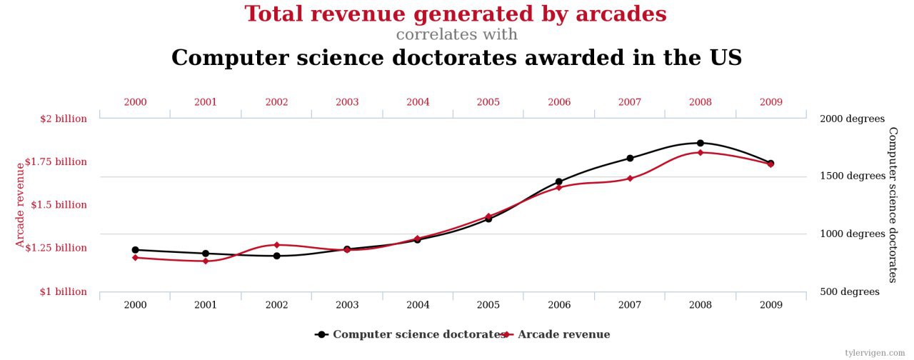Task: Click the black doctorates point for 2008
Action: pyautogui.click(x=700, y=143)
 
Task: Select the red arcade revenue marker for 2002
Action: pyautogui.click(x=276, y=245)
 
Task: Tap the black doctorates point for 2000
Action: pyautogui.click(x=135, y=250)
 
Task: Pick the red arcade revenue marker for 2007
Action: pyautogui.click(x=629, y=178)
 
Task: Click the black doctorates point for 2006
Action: pyautogui.click(x=558, y=181)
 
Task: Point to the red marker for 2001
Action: pyautogui.click(x=206, y=261)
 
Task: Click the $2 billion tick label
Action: pyautogui.click(x=63, y=119)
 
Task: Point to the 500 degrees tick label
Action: pyautogui.click(x=850, y=291)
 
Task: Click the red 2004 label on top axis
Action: pyautogui.click(x=418, y=102)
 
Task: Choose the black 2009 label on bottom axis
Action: pyautogui.click(x=770, y=305)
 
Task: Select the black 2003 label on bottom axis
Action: pyautogui.click(x=347, y=305)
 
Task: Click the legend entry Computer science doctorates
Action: pyautogui.click(x=418, y=334)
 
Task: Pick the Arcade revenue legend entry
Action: pyautogui.click(x=563, y=334)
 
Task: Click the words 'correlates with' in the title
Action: pyautogui.click(x=456, y=34)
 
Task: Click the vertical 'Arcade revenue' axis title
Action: pyautogui.click(x=21, y=205)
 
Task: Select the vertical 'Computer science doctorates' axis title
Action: pyautogui.click(x=893, y=205)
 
